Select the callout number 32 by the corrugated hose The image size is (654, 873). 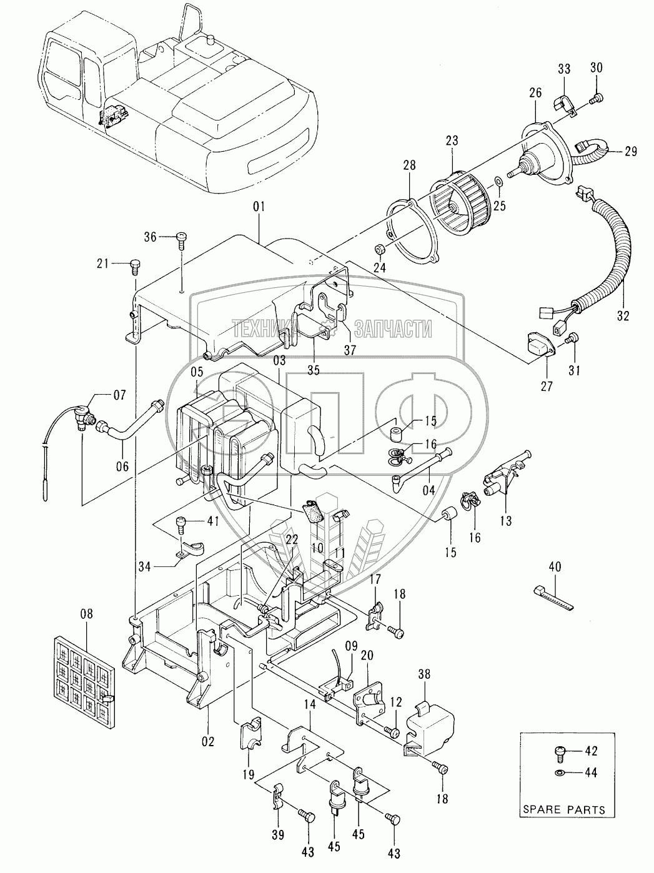pos(623,317)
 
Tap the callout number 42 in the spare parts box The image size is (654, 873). pos(590,752)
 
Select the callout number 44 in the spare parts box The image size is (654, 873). pos(590,773)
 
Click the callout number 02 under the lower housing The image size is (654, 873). pos(207,741)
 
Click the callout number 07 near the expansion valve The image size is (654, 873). pos(119,395)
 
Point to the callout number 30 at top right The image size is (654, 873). pos(596,68)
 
